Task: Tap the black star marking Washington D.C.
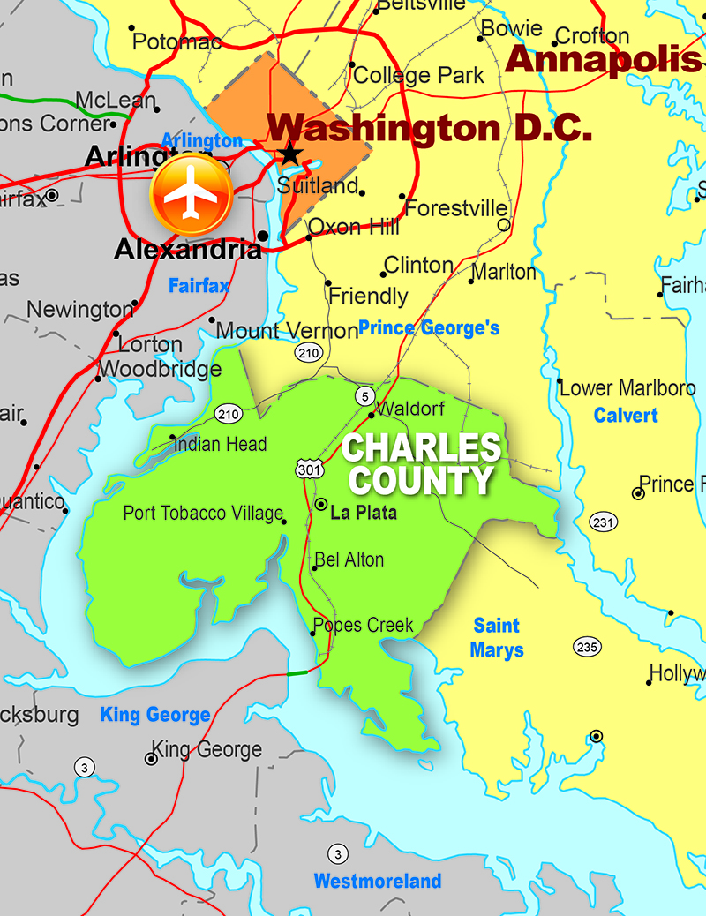click(289, 155)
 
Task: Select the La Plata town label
click(363, 513)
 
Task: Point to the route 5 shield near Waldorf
click(364, 394)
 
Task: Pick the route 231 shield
click(604, 522)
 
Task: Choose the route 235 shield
click(587, 646)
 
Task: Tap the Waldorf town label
click(410, 409)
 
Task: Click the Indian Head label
click(220, 444)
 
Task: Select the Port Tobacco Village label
click(203, 513)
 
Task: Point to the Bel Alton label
click(349, 559)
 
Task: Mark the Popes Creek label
click(363, 625)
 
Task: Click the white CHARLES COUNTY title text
click(421, 464)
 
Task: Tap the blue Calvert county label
click(626, 415)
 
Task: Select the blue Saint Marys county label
click(497, 638)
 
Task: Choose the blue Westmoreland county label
click(378, 881)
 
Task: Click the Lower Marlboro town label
click(627, 387)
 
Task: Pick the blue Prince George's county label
click(429, 328)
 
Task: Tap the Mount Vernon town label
click(275, 331)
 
